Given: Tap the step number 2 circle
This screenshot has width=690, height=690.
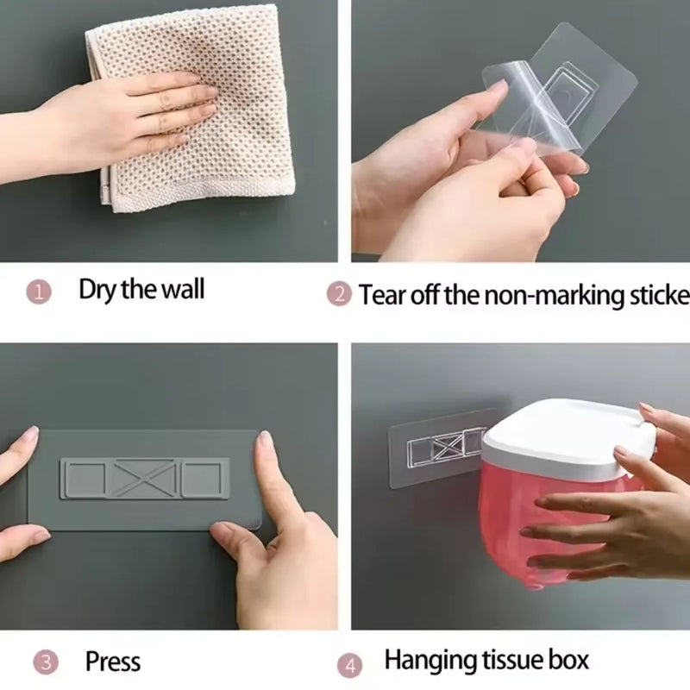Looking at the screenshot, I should click(339, 294).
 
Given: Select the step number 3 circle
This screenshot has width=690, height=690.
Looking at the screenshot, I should click(46, 663).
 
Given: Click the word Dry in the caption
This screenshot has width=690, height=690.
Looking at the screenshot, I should click(97, 289).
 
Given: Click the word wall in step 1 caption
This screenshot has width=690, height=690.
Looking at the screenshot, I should click(182, 289).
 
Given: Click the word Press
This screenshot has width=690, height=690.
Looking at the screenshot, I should click(112, 662).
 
